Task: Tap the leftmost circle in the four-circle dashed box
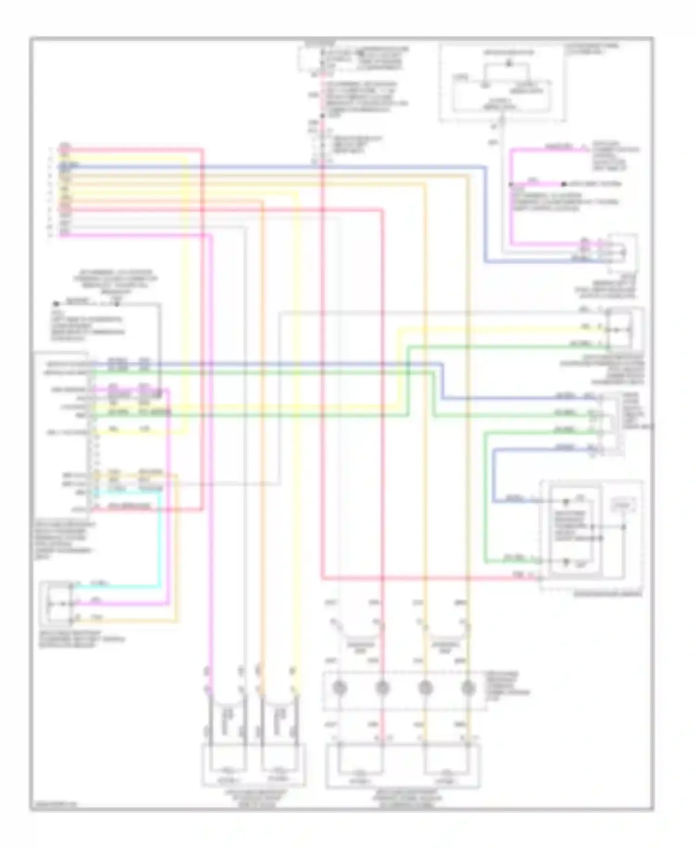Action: coord(340,688)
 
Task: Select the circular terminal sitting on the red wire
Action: coord(382,688)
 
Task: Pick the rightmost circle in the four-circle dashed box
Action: coord(468,688)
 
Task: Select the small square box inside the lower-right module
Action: coord(624,504)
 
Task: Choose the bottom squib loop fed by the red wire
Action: coord(361,761)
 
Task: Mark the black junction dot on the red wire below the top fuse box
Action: coord(322,116)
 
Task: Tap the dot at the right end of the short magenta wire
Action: coord(564,184)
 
